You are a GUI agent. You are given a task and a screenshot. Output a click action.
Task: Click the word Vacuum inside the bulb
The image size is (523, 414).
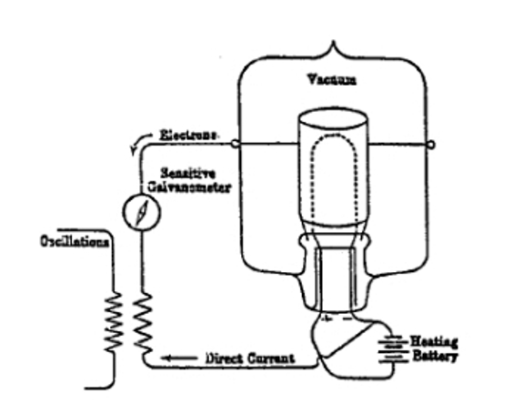click(x=332, y=80)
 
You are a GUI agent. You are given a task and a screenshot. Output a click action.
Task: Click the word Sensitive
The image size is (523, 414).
click(x=188, y=174)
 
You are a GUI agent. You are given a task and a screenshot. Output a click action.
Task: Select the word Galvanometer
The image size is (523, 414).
click(x=189, y=187)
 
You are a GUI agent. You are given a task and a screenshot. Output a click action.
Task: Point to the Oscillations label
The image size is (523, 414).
click(x=75, y=241)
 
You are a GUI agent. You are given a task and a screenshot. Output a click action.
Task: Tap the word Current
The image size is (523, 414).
click(x=271, y=358)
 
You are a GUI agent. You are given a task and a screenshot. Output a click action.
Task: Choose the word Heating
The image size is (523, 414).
click(x=434, y=341)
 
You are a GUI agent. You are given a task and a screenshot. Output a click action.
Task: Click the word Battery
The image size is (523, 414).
click(x=435, y=356)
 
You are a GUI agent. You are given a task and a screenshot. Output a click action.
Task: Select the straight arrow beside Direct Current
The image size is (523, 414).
click(x=179, y=358)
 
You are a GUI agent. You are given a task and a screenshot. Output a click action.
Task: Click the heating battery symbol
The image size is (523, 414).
click(x=393, y=348)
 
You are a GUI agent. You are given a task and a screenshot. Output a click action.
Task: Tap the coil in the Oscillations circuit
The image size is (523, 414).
click(x=114, y=321)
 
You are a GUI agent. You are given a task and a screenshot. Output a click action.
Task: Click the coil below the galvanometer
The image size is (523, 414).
click(x=143, y=323)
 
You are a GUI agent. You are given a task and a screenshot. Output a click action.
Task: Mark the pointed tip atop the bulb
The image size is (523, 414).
click(x=333, y=41)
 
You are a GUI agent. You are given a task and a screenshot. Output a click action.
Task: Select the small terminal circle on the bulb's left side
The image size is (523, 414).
click(x=235, y=144)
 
